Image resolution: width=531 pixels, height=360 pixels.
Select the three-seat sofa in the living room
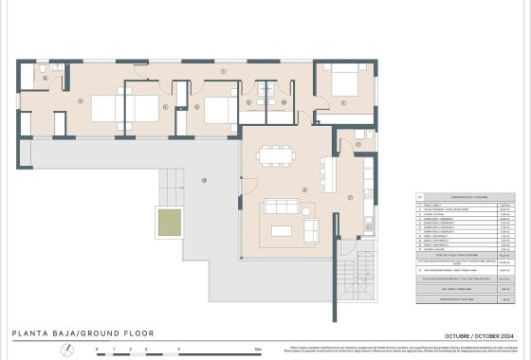click(282, 207)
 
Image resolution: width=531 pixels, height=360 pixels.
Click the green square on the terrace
click(167, 224)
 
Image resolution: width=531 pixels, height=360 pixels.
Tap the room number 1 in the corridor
click(221, 72)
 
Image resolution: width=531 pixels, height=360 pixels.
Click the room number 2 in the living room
click(304, 189)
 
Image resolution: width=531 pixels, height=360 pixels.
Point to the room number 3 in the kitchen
click(350, 197)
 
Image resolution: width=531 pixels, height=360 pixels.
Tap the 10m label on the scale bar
click(258, 350)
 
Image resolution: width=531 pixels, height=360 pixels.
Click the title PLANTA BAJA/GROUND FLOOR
click(82, 333)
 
